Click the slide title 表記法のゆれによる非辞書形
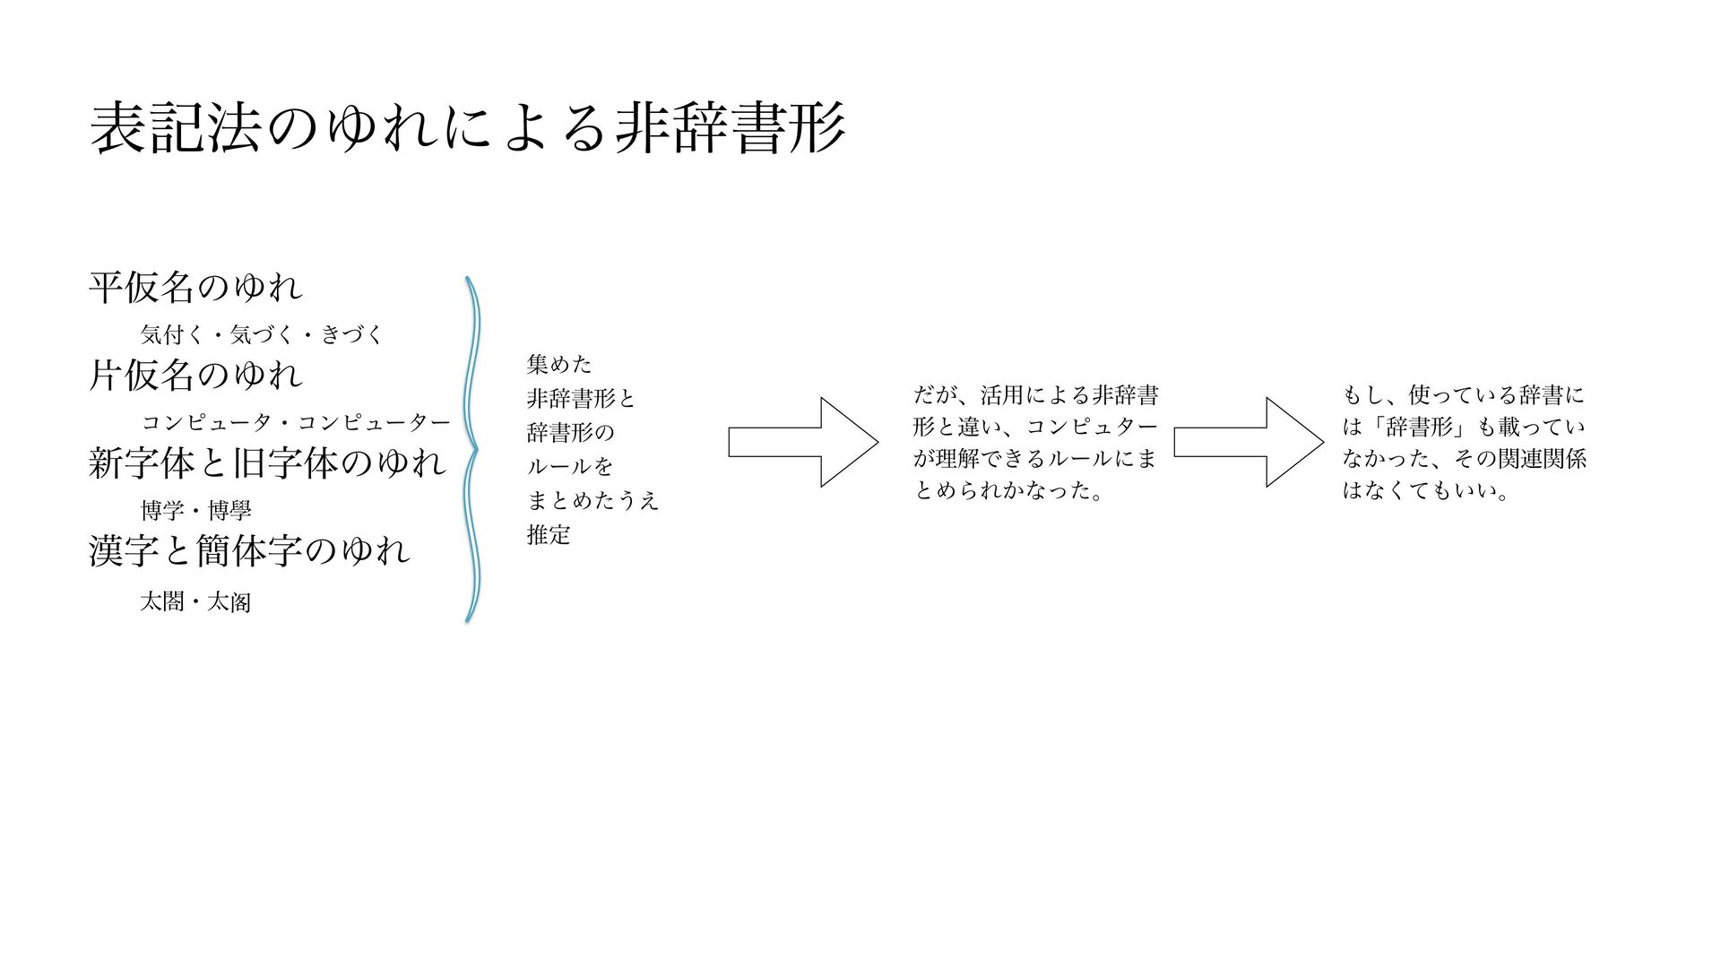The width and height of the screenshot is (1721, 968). pyautogui.click(x=467, y=128)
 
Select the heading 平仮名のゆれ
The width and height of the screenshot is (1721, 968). pyautogui.click(x=196, y=288)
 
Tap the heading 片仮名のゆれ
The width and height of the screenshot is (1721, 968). pyautogui.click(x=196, y=376)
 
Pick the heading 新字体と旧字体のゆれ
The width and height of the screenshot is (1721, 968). pyautogui.click(x=267, y=463)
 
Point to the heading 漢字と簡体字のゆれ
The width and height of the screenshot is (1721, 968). pyautogui.click(x=249, y=551)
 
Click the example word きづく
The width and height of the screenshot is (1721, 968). pyautogui.click(x=352, y=335)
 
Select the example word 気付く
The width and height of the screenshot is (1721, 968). pyautogui.click(x=173, y=335)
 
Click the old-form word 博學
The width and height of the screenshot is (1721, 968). pyautogui.click(x=229, y=511)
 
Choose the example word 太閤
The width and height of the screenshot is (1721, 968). pyautogui.click(x=162, y=601)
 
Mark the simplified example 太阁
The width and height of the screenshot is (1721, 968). pyautogui.click(x=229, y=601)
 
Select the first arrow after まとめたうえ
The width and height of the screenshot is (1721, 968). pyautogui.click(x=802, y=442)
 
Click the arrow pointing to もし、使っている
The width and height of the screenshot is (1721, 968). pyautogui.click(x=1248, y=442)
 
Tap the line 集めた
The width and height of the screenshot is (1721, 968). pyautogui.click(x=559, y=364)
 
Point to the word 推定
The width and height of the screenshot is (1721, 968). pyautogui.click(x=549, y=535)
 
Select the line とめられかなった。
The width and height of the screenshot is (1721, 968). pyautogui.click(x=1008, y=490)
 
